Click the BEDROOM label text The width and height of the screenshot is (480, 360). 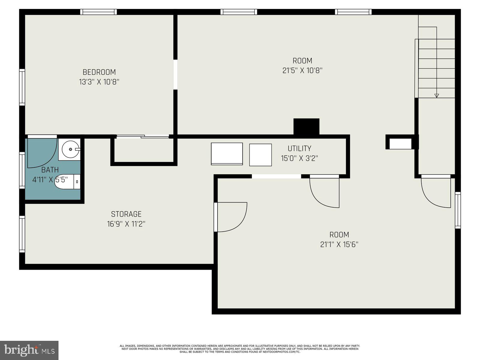(x=99, y=72)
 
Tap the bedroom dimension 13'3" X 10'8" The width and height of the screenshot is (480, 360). (x=99, y=82)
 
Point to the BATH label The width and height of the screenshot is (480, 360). (x=50, y=170)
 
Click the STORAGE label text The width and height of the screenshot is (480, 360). (x=126, y=214)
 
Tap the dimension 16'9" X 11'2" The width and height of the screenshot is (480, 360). (x=126, y=224)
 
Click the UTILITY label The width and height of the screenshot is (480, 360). (x=299, y=148)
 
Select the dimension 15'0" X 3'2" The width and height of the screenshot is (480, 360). (x=299, y=158)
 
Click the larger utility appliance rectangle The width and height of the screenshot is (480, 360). (x=227, y=154)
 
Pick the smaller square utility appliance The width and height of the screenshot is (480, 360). (x=260, y=155)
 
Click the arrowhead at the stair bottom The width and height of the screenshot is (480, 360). (x=436, y=96)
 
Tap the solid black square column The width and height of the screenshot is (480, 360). (x=306, y=127)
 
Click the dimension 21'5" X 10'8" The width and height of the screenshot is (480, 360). (x=302, y=70)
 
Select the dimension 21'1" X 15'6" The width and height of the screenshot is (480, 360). (x=339, y=244)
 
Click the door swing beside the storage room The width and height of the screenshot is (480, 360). (x=231, y=217)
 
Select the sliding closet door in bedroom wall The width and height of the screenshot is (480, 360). (x=143, y=136)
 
